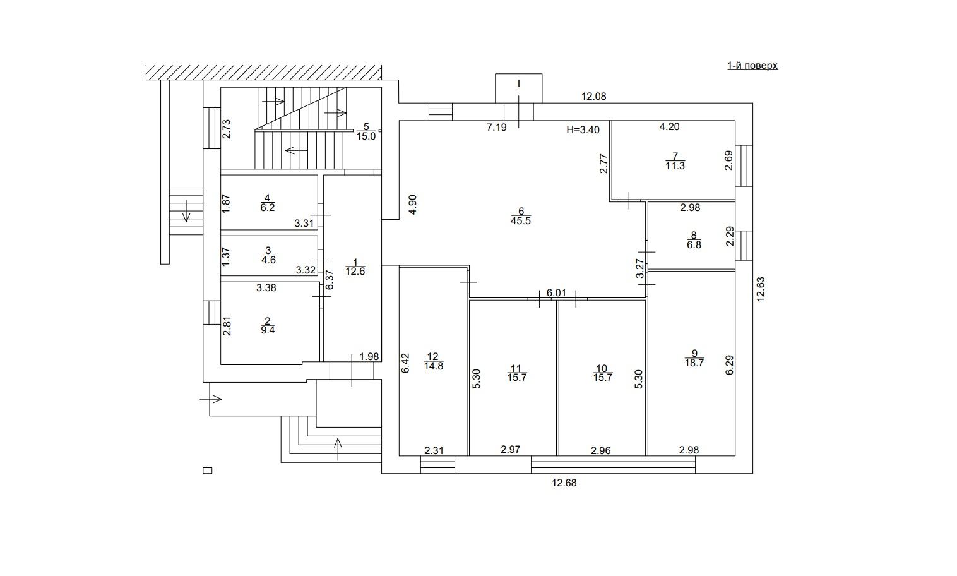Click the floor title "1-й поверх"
(752, 66)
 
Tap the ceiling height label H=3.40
(583, 130)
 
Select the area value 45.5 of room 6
(521, 221)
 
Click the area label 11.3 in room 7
(675, 166)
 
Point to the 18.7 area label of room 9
(694, 363)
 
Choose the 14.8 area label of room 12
(434, 366)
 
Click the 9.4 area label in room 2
(268, 330)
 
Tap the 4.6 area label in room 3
(268, 260)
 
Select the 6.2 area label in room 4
(268, 207)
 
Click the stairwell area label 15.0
(366, 136)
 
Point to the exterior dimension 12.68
(564, 483)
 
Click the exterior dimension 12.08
(594, 97)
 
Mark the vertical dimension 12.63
(761, 289)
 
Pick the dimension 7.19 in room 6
(496, 128)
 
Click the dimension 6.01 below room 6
(556, 293)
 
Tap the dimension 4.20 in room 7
(670, 127)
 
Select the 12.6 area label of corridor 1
(355, 272)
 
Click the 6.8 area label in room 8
(694, 245)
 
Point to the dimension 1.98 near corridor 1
(369, 356)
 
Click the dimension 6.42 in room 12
(405, 363)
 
